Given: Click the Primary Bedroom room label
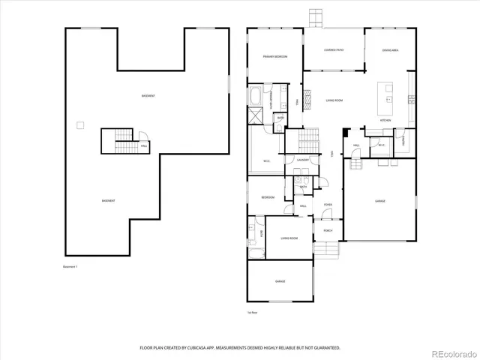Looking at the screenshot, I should [274, 57].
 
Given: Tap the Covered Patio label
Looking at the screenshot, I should [333, 50].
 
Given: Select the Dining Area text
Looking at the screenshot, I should [390, 50].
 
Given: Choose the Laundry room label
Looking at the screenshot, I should [303, 160].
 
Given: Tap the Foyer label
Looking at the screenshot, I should [328, 205].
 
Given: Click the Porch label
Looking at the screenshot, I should [328, 230].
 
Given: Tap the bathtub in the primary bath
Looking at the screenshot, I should [256, 96].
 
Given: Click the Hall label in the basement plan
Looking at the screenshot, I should [143, 145].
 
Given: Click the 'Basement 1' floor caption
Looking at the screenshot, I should [71, 266].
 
